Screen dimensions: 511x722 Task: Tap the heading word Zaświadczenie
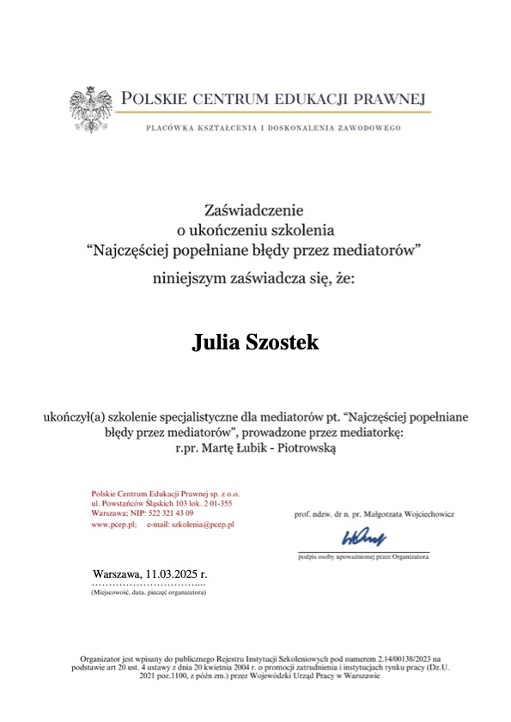coord(254,209)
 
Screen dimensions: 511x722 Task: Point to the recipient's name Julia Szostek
coord(255,343)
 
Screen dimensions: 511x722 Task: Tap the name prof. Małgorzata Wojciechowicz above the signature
coord(374,513)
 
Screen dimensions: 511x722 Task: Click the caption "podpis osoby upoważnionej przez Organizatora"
coord(363,556)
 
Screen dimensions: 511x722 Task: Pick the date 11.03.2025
coord(177,573)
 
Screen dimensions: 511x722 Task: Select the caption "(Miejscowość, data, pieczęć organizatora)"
coord(148,592)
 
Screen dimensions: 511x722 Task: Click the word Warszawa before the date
coord(117,573)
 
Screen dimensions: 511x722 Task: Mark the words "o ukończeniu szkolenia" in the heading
coord(254,229)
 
